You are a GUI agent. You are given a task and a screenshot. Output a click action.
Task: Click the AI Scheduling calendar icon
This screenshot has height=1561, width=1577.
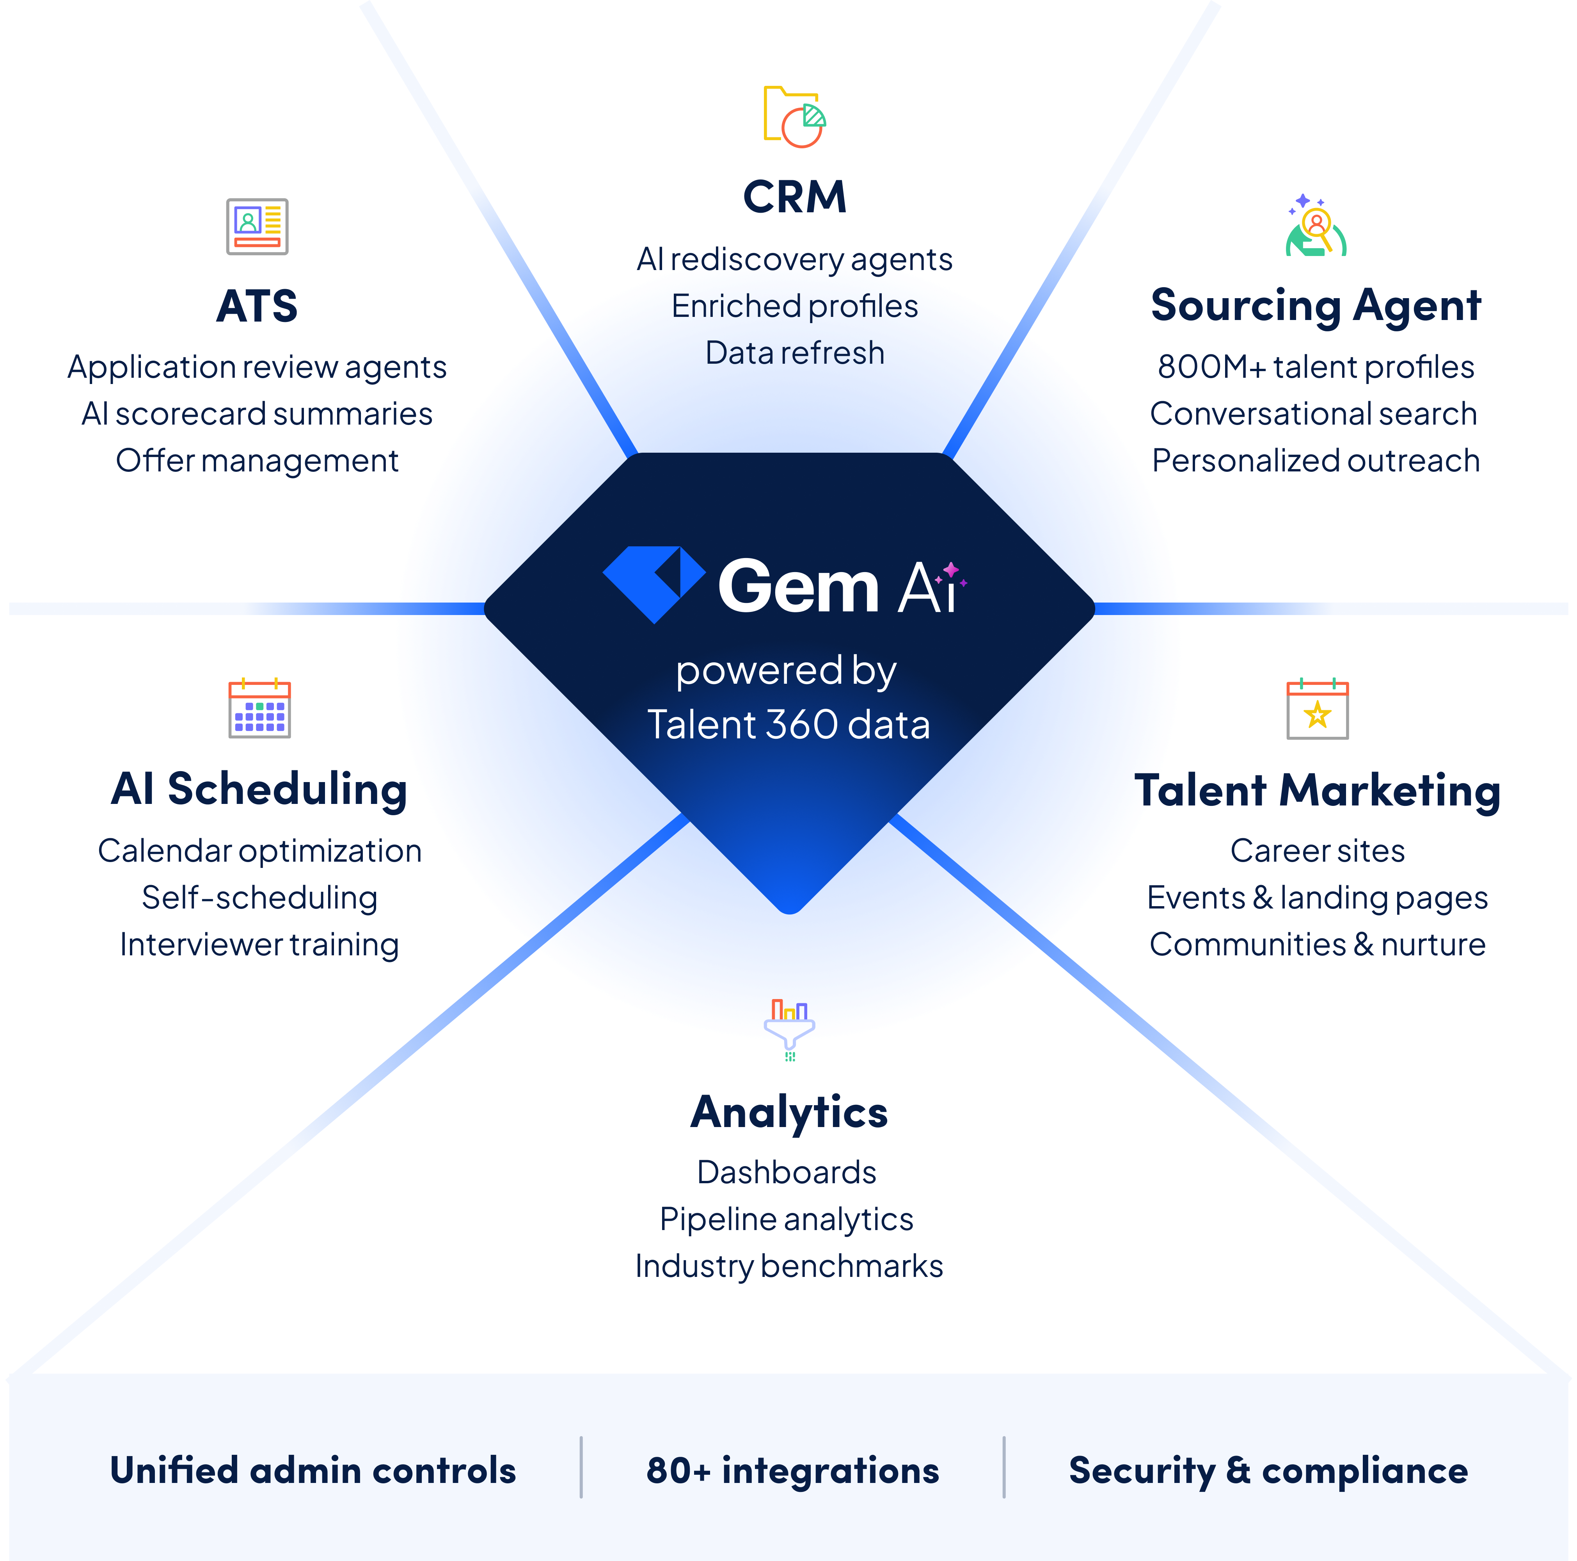pos(259,709)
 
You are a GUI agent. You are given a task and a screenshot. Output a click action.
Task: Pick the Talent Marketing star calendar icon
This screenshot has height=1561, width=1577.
pos(1318,709)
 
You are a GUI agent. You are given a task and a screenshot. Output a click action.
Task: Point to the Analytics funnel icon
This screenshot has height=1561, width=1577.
pos(789,1027)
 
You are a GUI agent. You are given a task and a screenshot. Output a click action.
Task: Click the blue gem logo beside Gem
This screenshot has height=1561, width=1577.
pos(654,583)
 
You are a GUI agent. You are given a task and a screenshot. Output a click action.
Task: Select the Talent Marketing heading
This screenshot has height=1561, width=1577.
pos(1318,790)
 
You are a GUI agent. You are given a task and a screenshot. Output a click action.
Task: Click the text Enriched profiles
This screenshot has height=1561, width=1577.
pos(794,306)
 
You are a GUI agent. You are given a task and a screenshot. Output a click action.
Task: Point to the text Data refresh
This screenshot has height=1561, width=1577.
pos(794,353)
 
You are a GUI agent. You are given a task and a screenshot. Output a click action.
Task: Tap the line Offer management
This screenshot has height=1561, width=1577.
pos(257,460)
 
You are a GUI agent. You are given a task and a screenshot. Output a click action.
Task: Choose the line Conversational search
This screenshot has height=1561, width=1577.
pos(1313,414)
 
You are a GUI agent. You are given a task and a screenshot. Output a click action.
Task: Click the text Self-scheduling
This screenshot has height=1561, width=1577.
pos(259,897)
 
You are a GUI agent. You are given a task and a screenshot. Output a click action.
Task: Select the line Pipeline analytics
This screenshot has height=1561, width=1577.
pos(787,1219)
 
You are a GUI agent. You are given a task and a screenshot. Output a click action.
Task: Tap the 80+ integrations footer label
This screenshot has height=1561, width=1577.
pos(792,1470)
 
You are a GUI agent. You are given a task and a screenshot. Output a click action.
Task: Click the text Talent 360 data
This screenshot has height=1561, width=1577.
pos(788,724)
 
